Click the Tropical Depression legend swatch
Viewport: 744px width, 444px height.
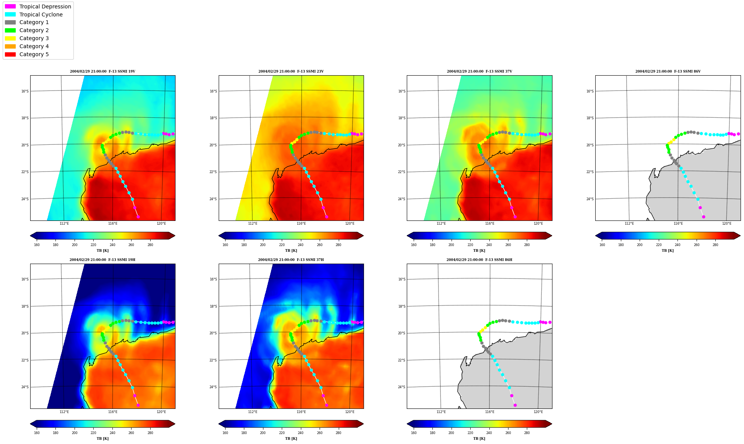[10, 6]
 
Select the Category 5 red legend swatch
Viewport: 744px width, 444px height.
[10, 54]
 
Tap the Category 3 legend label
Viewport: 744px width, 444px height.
[34, 38]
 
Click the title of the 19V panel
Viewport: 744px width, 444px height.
[102, 71]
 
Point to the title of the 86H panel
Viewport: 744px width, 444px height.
[479, 260]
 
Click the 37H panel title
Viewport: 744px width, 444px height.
[291, 260]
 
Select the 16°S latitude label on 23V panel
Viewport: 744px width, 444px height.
[213, 91]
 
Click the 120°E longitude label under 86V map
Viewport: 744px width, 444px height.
[727, 224]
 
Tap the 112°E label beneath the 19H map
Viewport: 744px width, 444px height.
[64, 412]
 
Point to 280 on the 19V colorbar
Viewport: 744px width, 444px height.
[150, 245]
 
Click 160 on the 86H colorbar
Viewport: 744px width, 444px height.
[414, 433]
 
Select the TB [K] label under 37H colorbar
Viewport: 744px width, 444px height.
[291, 439]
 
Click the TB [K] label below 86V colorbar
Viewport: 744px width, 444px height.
[668, 251]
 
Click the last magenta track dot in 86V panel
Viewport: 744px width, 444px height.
[703, 217]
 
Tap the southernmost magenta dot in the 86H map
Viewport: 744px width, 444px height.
[515, 405]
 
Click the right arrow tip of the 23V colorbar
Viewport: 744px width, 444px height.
[363, 236]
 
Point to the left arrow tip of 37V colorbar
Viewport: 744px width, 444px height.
[408, 236]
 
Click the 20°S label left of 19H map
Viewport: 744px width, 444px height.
[25, 333]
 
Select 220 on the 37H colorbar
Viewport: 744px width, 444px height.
[282, 433]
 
